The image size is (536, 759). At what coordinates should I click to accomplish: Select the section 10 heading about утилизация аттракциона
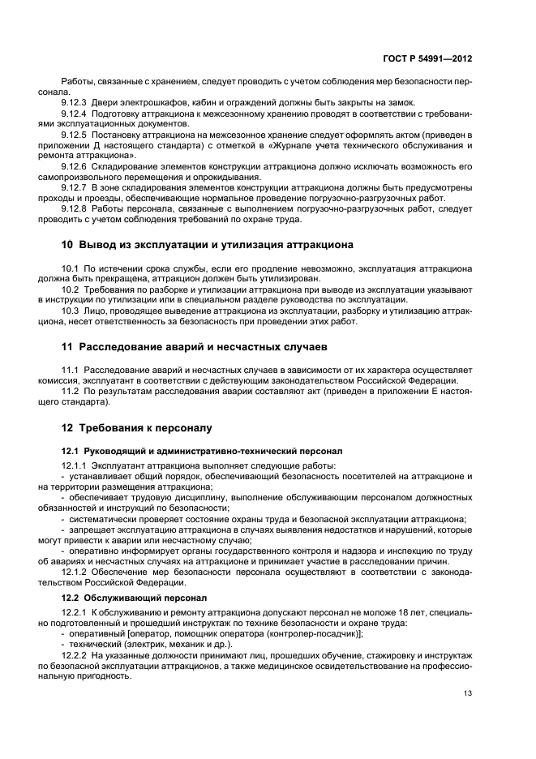[207, 244]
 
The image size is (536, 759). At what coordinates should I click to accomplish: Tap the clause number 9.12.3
[74, 102]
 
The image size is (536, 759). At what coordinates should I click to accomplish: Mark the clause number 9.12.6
[74, 165]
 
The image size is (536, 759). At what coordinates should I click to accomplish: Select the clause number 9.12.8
[74, 208]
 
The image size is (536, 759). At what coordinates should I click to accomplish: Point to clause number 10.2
[70, 289]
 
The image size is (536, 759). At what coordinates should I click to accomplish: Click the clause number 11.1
[70, 371]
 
